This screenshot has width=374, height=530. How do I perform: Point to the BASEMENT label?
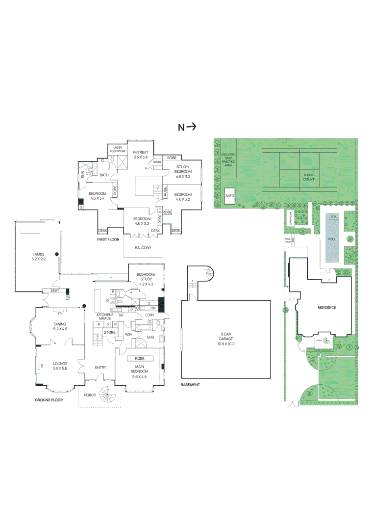coord(190,385)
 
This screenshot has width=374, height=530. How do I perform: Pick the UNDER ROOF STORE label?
coord(118,150)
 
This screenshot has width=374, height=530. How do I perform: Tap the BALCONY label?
coord(143,248)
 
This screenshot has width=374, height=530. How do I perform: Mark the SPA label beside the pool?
coord(333,216)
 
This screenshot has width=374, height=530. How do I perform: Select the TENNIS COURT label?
coord(308,177)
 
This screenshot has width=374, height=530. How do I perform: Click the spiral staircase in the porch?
coord(108,396)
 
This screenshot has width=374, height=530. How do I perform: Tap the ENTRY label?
coord(100,367)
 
